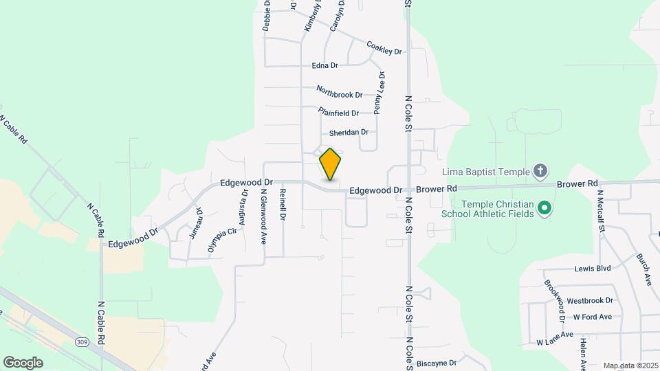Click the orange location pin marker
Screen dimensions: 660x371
[331, 164]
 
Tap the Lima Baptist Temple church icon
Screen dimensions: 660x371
[540, 170]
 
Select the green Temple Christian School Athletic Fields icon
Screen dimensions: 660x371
[545, 207]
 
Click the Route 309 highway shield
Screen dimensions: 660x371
[82, 341]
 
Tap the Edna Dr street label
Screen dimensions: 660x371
[325, 66]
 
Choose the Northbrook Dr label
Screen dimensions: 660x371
[340, 90]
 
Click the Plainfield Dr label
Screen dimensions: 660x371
[339, 112]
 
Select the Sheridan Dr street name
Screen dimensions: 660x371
[349, 132]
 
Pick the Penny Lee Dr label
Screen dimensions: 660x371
[379, 93]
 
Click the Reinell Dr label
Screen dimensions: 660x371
[283, 205]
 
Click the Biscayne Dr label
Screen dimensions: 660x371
[437, 362]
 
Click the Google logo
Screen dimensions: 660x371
[23, 362]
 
